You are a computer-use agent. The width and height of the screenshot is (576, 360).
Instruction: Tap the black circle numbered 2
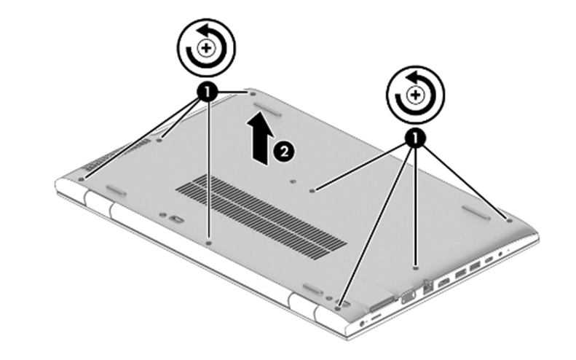[284, 151]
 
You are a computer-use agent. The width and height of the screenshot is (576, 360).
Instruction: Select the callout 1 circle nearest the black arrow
[208, 92]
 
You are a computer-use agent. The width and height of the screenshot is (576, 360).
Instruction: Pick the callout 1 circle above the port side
[415, 138]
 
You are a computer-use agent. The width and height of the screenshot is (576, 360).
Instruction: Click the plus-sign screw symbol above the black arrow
[206, 48]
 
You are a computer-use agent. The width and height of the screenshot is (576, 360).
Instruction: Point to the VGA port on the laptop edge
[408, 297]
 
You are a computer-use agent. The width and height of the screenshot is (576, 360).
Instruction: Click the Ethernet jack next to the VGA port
[427, 286]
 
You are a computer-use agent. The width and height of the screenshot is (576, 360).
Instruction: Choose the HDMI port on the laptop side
[443, 283]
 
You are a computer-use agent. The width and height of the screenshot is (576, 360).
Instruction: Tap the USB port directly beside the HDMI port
[460, 273]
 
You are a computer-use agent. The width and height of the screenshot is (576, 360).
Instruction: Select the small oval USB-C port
[489, 260]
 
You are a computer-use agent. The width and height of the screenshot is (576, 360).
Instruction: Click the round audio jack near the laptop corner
[500, 254]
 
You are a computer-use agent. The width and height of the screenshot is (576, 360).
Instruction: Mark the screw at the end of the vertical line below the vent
[209, 243]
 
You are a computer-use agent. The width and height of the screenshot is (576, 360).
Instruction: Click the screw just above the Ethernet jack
[416, 268]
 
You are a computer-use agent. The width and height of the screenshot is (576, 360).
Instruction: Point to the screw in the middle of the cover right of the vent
[312, 190]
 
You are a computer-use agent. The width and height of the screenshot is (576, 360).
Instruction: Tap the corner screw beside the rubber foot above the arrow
[253, 94]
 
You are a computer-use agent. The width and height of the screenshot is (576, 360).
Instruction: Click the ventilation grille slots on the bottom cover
[261, 217]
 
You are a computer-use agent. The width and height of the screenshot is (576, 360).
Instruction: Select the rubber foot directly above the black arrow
[267, 109]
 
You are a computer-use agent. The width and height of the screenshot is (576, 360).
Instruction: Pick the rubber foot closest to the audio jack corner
[476, 213]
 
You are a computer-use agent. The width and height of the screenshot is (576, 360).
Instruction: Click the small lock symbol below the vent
[176, 219]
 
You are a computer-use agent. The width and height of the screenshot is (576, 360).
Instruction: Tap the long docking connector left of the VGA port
[382, 303]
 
